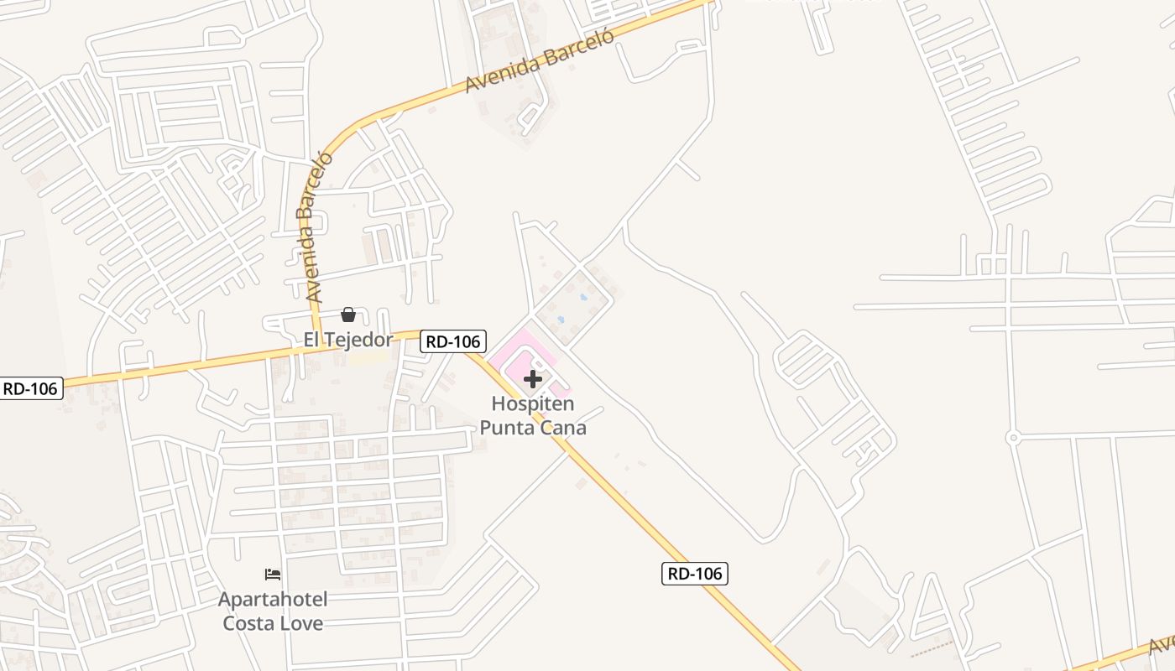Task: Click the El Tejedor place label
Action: click(347, 340)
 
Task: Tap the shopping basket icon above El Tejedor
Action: click(348, 315)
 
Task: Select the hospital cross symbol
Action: click(533, 379)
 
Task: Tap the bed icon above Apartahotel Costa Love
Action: click(273, 575)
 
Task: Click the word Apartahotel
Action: click(273, 600)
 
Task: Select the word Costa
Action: click(249, 623)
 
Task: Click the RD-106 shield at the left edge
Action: click(31, 388)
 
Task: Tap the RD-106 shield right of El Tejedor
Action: click(453, 341)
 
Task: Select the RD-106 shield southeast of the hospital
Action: click(695, 574)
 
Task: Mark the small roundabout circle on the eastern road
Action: click(1013, 438)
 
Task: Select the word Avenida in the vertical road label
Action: click(312, 255)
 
